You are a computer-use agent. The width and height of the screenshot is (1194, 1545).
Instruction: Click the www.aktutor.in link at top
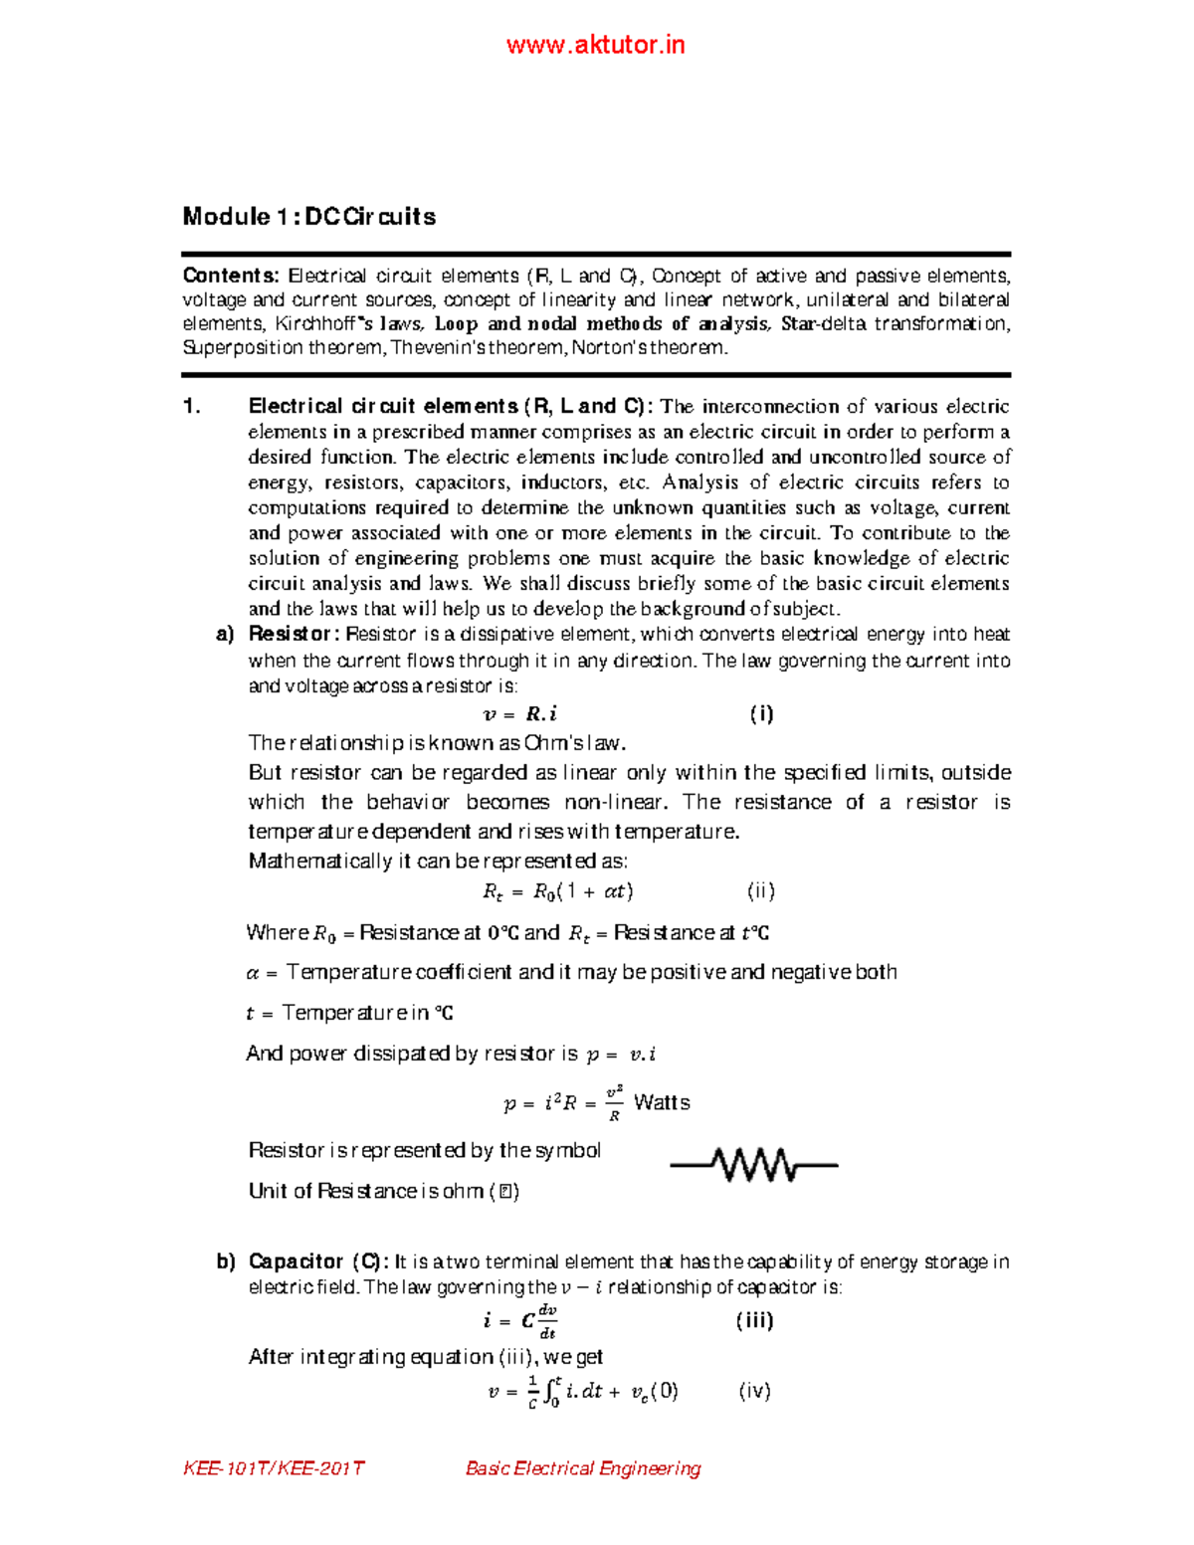(595, 45)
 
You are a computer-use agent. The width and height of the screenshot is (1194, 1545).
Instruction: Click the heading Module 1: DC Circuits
(308, 217)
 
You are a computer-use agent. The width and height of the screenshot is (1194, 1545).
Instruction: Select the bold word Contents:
(231, 276)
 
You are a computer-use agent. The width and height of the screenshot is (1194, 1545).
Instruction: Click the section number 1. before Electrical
(192, 406)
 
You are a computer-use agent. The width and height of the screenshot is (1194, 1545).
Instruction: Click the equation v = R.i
(519, 714)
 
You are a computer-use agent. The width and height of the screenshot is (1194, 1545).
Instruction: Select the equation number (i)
(761, 713)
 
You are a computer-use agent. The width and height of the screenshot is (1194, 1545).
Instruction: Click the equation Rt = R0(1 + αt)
(557, 891)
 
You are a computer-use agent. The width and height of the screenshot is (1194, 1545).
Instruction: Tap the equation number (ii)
(761, 891)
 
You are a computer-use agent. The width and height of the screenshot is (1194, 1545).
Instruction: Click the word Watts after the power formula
(662, 1102)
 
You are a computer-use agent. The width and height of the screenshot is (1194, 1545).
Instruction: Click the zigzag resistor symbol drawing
(754, 1164)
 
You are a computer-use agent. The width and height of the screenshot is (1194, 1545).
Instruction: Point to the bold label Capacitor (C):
(318, 1261)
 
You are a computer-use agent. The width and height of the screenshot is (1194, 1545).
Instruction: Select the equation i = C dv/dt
(519, 1321)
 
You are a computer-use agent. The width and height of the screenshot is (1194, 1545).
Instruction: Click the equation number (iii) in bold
(754, 1320)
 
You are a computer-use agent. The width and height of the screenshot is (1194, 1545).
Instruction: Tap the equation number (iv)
(754, 1391)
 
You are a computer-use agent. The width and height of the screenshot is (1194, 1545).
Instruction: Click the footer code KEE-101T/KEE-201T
(274, 1468)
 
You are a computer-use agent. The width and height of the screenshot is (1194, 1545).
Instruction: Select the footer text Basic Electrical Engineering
(583, 1468)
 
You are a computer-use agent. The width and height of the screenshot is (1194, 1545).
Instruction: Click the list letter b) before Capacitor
(226, 1261)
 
